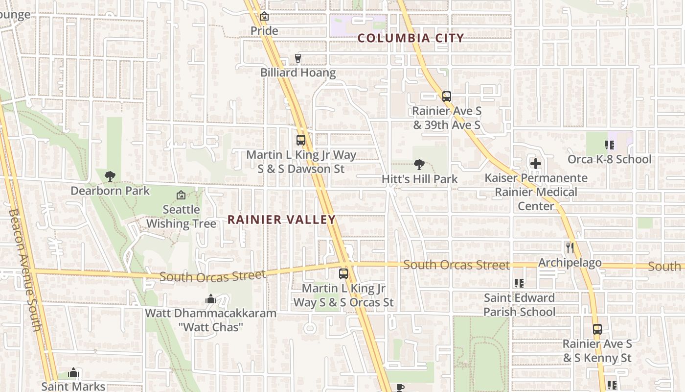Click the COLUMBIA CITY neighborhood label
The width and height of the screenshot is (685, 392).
coord(411,38)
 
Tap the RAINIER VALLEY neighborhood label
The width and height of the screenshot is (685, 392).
coord(282,220)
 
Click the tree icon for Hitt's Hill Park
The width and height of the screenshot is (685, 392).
coord(419,164)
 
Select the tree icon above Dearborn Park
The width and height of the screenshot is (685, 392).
coord(110,175)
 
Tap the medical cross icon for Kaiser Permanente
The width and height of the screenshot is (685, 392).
coord(536,163)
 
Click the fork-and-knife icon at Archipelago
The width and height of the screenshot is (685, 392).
coord(570,247)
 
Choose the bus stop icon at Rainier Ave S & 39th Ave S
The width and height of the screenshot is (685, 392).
coord(446,96)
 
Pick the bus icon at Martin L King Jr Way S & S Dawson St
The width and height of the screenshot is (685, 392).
coord(301,140)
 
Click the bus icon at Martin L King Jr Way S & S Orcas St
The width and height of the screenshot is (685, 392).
coord(343,274)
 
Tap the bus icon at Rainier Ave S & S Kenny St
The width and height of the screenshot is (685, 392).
coord(597,329)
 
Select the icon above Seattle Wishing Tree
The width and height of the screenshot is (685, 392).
coord(181,195)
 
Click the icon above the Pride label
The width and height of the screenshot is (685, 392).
coord(264,16)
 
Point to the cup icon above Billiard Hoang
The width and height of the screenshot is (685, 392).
coord(297,59)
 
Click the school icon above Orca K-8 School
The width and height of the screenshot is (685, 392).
coord(609,145)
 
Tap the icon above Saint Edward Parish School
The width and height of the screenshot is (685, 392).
coord(519,283)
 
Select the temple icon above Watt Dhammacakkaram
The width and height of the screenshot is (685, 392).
coord(210,298)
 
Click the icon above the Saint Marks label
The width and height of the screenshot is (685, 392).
coord(73,373)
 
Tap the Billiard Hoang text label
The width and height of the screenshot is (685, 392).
coord(298,73)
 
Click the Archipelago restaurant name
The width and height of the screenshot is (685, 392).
coord(570,263)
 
